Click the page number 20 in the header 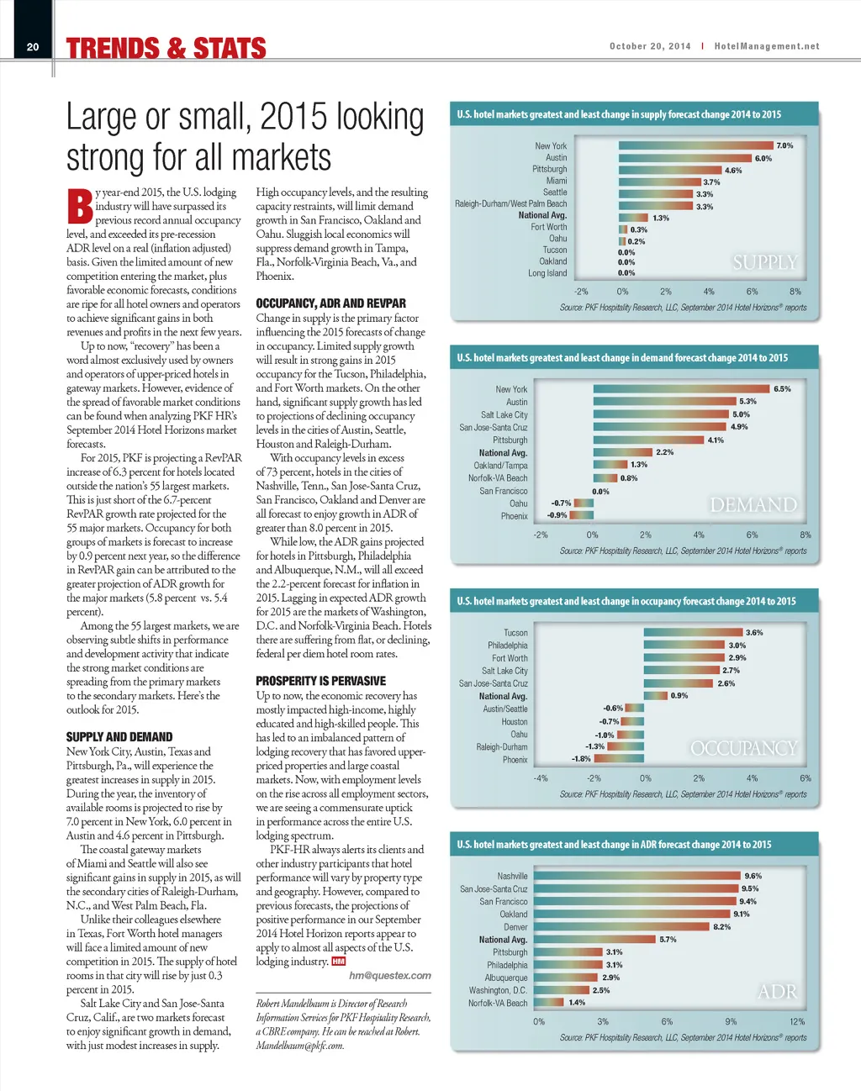click(33, 47)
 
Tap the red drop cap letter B click(80, 207)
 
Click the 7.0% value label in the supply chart click(784, 145)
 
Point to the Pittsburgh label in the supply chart click(549, 169)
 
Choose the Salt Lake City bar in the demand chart click(661, 414)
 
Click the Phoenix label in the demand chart click(515, 516)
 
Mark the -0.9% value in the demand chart click(557, 515)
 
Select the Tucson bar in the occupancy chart click(694, 632)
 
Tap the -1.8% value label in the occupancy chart click(581, 759)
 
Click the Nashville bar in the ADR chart click(637, 876)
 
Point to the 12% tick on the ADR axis click(797, 1022)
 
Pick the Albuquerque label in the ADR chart click(506, 978)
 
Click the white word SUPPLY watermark click(764, 262)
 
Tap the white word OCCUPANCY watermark click(743, 748)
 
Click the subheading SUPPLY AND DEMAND click(119, 737)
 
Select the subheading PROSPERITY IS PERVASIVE click(320, 681)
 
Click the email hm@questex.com click(390, 976)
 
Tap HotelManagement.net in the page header click(767, 47)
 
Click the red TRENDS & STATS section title click(166, 49)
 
